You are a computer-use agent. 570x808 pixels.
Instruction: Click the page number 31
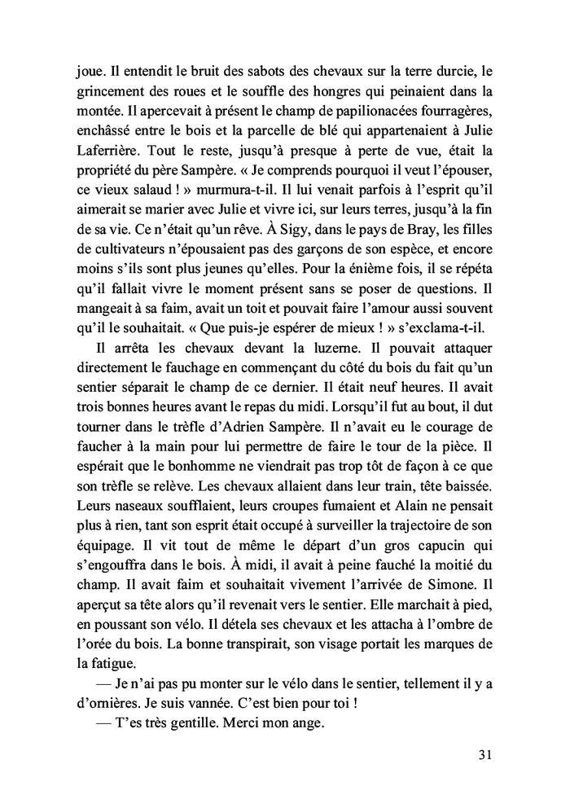point(484,755)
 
